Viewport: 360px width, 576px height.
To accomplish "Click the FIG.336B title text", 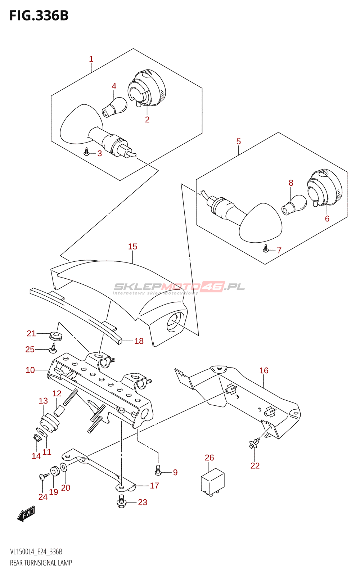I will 39,16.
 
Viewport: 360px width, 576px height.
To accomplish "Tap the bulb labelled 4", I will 115,107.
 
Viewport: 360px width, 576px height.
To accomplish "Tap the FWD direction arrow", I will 26,514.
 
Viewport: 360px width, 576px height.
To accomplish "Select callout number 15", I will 132,247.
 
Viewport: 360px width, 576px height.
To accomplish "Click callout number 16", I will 264,370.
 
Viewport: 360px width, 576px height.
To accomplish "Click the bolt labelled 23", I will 121,501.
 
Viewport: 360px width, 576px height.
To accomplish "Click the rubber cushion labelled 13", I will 49,424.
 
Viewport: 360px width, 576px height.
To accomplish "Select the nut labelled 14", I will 36,438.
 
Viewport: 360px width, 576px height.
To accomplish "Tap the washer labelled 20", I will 63,467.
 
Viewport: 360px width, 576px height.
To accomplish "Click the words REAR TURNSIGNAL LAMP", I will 41,563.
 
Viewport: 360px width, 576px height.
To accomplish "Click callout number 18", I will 139,341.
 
